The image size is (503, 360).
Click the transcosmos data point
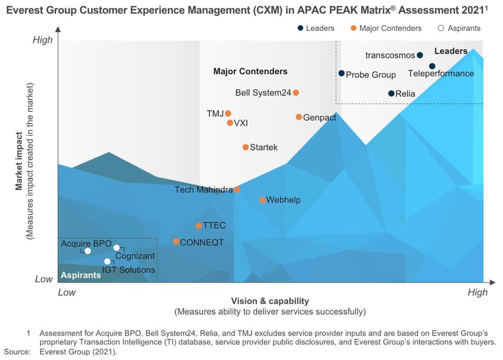[x=420, y=55]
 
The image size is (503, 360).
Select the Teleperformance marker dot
[x=432, y=66]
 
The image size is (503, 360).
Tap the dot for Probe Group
[x=341, y=74]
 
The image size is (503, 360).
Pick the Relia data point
[x=391, y=94]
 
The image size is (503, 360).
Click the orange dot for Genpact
[x=299, y=117]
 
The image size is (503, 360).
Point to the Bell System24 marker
[x=296, y=93]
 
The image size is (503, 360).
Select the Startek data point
[x=245, y=147]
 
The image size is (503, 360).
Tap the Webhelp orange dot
[x=262, y=200]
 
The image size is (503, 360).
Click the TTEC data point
[x=199, y=226]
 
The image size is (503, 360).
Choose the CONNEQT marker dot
[x=176, y=241]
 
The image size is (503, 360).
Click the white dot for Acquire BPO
[x=88, y=251]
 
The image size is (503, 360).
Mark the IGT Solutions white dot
[x=108, y=261]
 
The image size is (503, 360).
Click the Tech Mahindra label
[x=203, y=189]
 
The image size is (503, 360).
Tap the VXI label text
[x=241, y=123]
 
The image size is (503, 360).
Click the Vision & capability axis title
[x=270, y=301]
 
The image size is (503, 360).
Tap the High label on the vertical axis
[x=43, y=40]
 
